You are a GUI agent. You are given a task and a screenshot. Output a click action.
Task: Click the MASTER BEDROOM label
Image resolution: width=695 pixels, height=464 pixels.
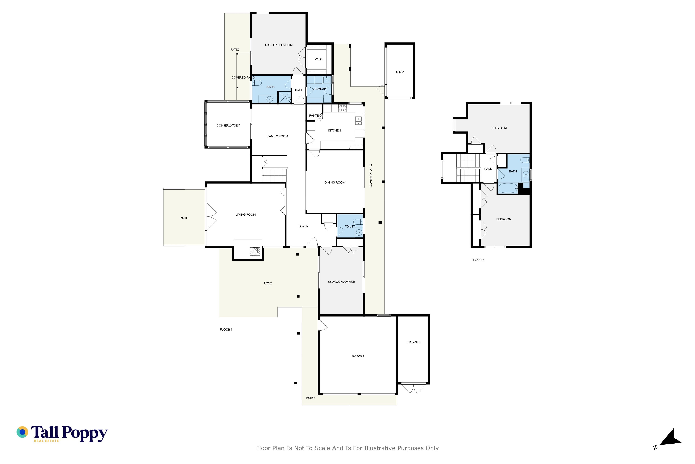(279, 45)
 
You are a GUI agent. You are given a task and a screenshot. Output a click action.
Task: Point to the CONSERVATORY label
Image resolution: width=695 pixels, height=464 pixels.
(228, 125)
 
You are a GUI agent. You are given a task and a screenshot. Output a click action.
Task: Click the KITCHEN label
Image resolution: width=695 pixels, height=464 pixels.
(334, 130)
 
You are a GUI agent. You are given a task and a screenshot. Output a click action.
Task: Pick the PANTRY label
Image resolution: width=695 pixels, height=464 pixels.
(315, 115)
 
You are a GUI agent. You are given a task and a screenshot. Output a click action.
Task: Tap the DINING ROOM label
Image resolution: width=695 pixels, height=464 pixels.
(335, 183)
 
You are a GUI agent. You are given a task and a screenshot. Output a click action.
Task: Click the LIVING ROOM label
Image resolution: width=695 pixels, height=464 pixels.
(246, 215)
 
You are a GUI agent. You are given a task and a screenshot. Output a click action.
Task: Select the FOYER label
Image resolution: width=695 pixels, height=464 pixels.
(303, 226)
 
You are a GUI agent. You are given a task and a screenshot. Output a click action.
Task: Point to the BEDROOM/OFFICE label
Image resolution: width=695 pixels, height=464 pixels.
(341, 282)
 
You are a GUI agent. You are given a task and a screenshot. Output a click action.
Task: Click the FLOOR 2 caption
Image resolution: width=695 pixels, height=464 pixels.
(477, 260)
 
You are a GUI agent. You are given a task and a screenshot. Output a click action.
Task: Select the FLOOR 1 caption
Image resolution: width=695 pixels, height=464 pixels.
(226, 330)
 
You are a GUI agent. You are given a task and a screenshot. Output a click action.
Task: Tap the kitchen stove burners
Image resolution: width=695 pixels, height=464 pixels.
(342, 108)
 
